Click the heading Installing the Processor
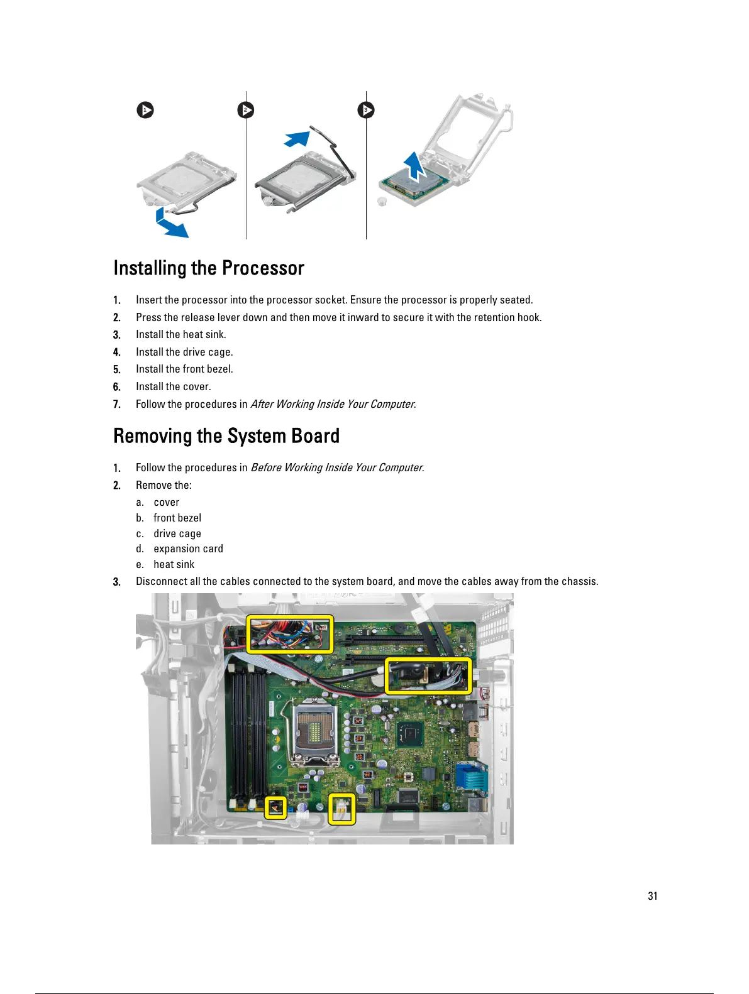click(x=209, y=268)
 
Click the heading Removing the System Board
click(x=226, y=436)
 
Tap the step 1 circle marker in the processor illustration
click(x=145, y=111)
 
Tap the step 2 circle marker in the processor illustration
click(x=246, y=111)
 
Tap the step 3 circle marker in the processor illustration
click(x=366, y=111)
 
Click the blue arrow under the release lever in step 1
click(x=171, y=224)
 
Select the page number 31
click(x=653, y=896)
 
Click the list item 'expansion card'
click(x=188, y=549)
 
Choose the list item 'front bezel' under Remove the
click(x=177, y=518)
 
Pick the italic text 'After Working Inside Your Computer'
click(x=333, y=404)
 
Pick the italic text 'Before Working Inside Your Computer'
click(x=336, y=467)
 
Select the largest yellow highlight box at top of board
click(x=289, y=634)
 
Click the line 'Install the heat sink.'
click(x=181, y=334)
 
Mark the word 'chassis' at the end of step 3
click(x=579, y=581)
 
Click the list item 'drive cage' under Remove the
click(x=177, y=533)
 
